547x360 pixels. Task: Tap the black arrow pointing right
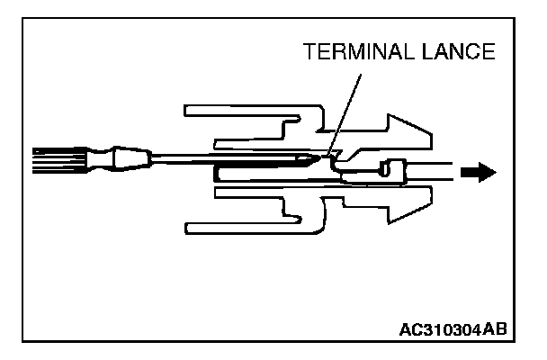(x=480, y=171)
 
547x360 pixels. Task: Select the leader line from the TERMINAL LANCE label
(x=346, y=108)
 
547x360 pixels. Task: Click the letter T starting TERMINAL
(x=311, y=52)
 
